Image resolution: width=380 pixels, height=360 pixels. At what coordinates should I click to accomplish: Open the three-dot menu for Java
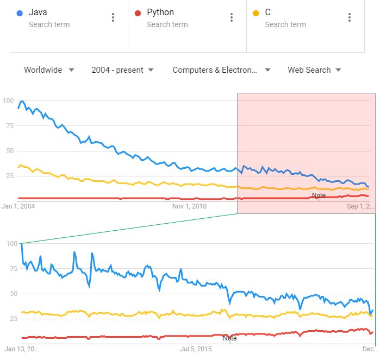[113, 17]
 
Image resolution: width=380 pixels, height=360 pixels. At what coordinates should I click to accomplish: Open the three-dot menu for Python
[232, 17]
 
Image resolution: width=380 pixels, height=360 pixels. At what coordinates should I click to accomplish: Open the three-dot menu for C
[350, 17]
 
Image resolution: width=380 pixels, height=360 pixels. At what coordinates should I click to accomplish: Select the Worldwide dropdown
[49, 70]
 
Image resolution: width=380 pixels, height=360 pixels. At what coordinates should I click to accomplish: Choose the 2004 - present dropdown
[122, 70]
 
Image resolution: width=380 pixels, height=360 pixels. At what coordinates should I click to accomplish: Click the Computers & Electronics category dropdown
[221, 70]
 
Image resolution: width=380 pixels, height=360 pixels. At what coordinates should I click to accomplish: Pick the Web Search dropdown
[314, 70]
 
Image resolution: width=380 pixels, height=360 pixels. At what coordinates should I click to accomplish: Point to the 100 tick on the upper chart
[8, 100]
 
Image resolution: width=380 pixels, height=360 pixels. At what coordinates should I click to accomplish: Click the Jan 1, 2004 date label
[18, 206]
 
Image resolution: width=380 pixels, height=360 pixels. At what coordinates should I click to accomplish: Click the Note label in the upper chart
[319, 195]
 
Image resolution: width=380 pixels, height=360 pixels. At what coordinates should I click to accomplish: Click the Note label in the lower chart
[230, 338]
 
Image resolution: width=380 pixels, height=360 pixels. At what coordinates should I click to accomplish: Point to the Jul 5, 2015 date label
[196, 348]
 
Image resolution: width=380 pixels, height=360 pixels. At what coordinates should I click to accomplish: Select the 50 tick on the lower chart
[11, 294]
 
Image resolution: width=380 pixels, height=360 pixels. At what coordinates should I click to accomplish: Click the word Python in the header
[160, 12]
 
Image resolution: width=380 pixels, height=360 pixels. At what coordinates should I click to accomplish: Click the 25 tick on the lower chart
[11, 318]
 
